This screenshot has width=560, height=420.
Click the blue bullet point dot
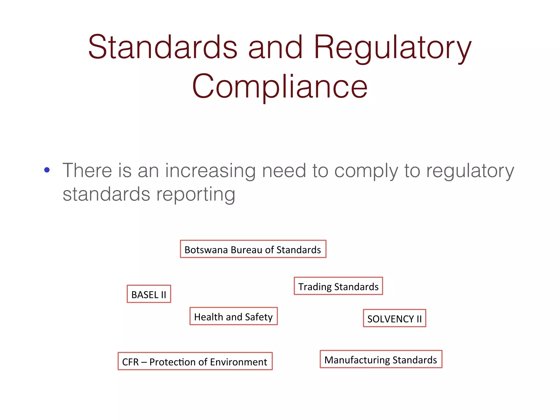click(47, 170)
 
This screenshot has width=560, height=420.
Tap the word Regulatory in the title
click(393, 47)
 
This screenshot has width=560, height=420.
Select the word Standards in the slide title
click(163, 47)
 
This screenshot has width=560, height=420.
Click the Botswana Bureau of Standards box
click(253, 249)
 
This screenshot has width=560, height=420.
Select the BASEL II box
click(149, 294)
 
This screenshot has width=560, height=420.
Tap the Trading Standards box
click(338, 286)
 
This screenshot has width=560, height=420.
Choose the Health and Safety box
click(234, 316)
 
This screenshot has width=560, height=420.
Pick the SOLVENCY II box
click(394, 319)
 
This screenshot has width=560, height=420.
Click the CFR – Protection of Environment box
click(195, 361)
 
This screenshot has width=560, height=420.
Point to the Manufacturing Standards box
click(381, 360)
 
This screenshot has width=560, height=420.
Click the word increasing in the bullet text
click(210, 171)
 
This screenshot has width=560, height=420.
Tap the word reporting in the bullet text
click(196, 195)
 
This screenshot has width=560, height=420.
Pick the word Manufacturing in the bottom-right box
click(357, 360)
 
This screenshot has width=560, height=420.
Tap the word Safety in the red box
click(259, 317)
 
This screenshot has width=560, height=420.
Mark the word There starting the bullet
click(87, 170)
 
